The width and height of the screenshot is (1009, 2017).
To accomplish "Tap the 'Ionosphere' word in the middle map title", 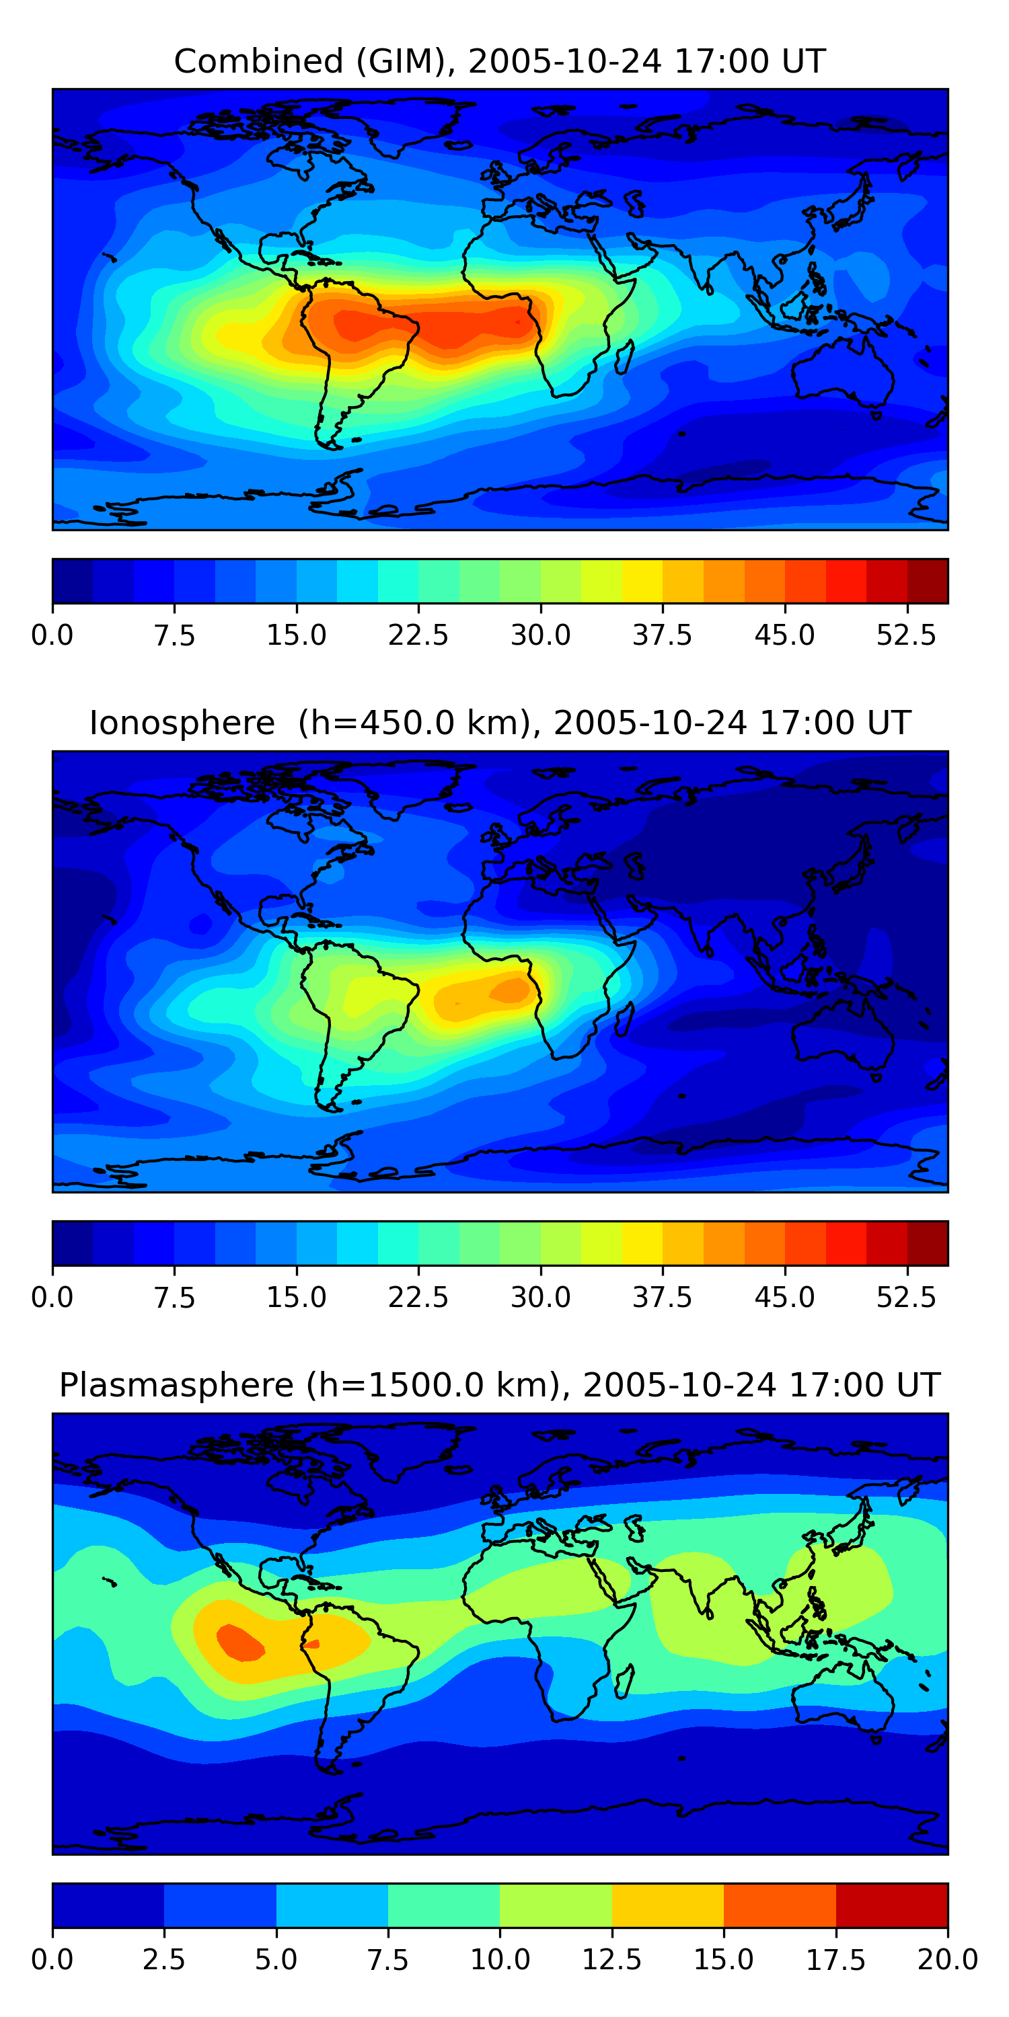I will click(x=182, y=723).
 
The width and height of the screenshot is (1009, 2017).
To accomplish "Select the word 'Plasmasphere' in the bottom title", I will click(x=176, y=1385).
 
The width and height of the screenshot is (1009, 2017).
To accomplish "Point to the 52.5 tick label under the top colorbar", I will click(x=906, y=635).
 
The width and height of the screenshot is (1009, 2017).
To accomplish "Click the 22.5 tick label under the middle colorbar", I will click(x=418, y=1298).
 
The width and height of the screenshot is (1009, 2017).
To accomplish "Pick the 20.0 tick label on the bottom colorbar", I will click(x=947, y=1960).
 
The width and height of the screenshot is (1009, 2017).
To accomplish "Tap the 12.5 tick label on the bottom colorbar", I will click(x=612, y=1960).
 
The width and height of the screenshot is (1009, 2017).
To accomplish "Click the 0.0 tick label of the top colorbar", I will click(x=52, y=635).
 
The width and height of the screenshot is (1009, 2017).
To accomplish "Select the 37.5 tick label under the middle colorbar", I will click(x=663, y=1298).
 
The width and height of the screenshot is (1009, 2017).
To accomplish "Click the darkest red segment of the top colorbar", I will click(x=928, y=581).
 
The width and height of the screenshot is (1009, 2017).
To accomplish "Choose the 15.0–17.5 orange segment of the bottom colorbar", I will click(x=780, y=1905).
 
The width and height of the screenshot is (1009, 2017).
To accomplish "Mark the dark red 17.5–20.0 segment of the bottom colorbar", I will click(x=891, y=1905).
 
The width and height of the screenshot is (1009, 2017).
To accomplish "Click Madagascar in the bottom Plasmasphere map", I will click(x=624, y=1681).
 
